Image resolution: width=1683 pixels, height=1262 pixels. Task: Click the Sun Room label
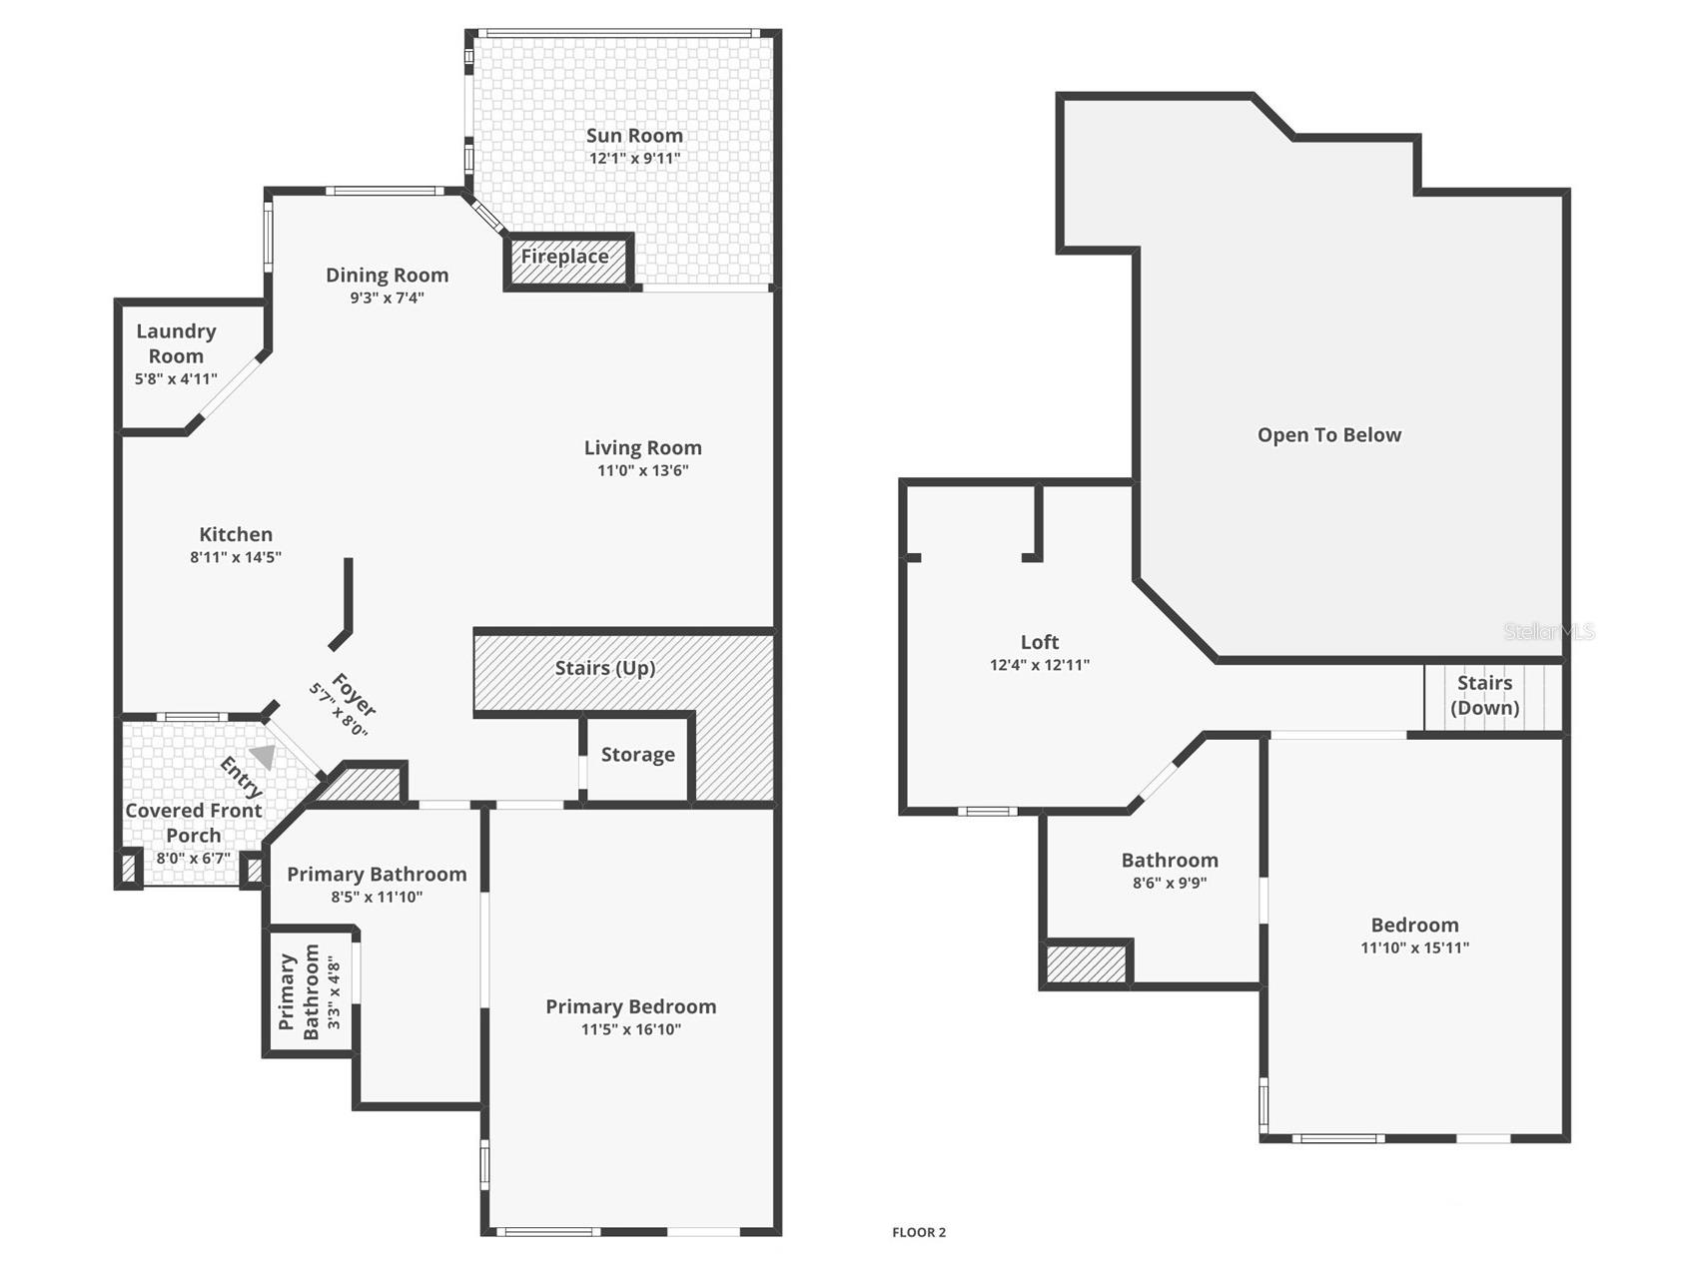[x=634, y=136]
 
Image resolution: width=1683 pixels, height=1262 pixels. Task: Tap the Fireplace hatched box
[x=566, y=261]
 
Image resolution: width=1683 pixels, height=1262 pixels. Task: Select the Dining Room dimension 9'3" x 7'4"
[x=387, y=298]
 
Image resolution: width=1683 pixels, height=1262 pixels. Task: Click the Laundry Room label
[x=176, y=343]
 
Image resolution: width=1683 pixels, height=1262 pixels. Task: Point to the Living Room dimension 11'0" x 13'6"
[x=642, y=470]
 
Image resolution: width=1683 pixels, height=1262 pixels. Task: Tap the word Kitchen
[x=236, y=535]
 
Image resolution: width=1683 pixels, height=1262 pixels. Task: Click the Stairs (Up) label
[x=604, y=668]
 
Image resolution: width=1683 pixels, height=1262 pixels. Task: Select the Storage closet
[x=637, y=756]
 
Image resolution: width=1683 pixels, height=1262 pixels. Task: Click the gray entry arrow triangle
[x=264, y=757]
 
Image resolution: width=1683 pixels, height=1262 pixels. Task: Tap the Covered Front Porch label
[x=193, y=823]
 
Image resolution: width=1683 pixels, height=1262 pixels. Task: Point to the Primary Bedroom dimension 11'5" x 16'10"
[x=630, y=1029]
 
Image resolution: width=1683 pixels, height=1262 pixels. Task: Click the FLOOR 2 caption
[x=918, y=1232]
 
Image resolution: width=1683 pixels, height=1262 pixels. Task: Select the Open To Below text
[x=1328, y=435]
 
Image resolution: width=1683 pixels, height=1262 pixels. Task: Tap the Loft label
[x=1039, y=643]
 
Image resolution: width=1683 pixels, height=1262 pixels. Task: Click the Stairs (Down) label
[x=1484, y=696]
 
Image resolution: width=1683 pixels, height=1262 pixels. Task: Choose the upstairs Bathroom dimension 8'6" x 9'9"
[x=1169, y=883]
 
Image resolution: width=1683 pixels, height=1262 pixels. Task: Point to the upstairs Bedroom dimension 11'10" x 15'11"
[x=1414, y=947]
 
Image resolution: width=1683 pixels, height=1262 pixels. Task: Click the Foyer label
[x=353, y=695]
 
